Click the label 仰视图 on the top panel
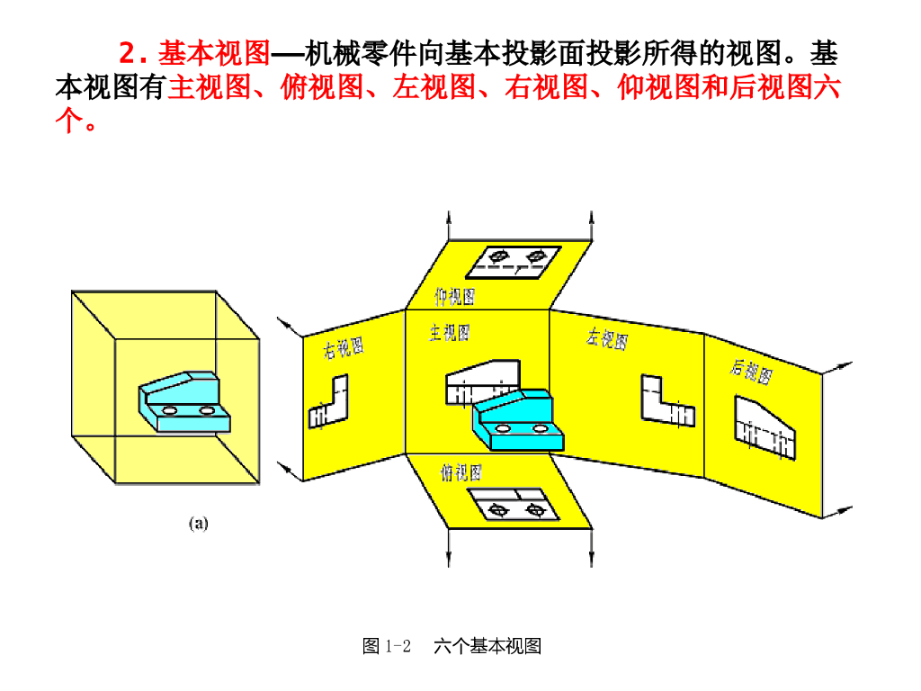tap(454, 296)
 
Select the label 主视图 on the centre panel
tap(449, 334)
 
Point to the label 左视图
tap(607, 338)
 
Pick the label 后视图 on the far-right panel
tap(751, 370)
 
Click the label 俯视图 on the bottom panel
tap(460, 472)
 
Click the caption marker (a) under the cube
tap(198, 523)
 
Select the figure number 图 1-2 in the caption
tap(387, 646)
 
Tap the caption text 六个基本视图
tap(487, 646)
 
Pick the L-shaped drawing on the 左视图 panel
tap(666, 401)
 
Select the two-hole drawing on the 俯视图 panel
tap(510, 506)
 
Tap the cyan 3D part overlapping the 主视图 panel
tap(518, 421)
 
